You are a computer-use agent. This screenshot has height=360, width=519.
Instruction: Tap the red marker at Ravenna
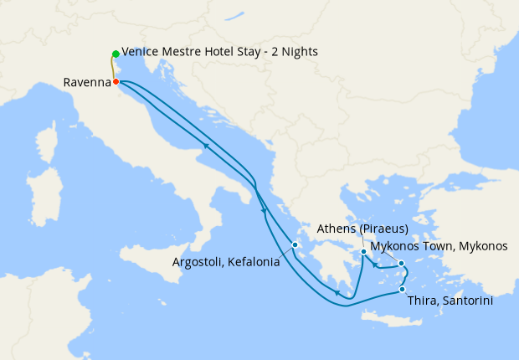tap(116, 82)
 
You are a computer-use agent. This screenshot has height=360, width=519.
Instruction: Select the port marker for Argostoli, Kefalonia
tap(295, 245)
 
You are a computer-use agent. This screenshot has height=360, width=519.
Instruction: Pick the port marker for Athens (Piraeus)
tap(363, 252)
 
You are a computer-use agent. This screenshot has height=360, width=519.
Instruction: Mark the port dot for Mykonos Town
tap(402, 264)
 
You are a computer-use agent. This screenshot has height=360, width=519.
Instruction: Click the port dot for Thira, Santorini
tap(403, 290)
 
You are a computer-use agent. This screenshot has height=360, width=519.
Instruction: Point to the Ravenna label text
tap(87, 82)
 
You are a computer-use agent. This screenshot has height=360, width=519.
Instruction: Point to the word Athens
tap(336, 229)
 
